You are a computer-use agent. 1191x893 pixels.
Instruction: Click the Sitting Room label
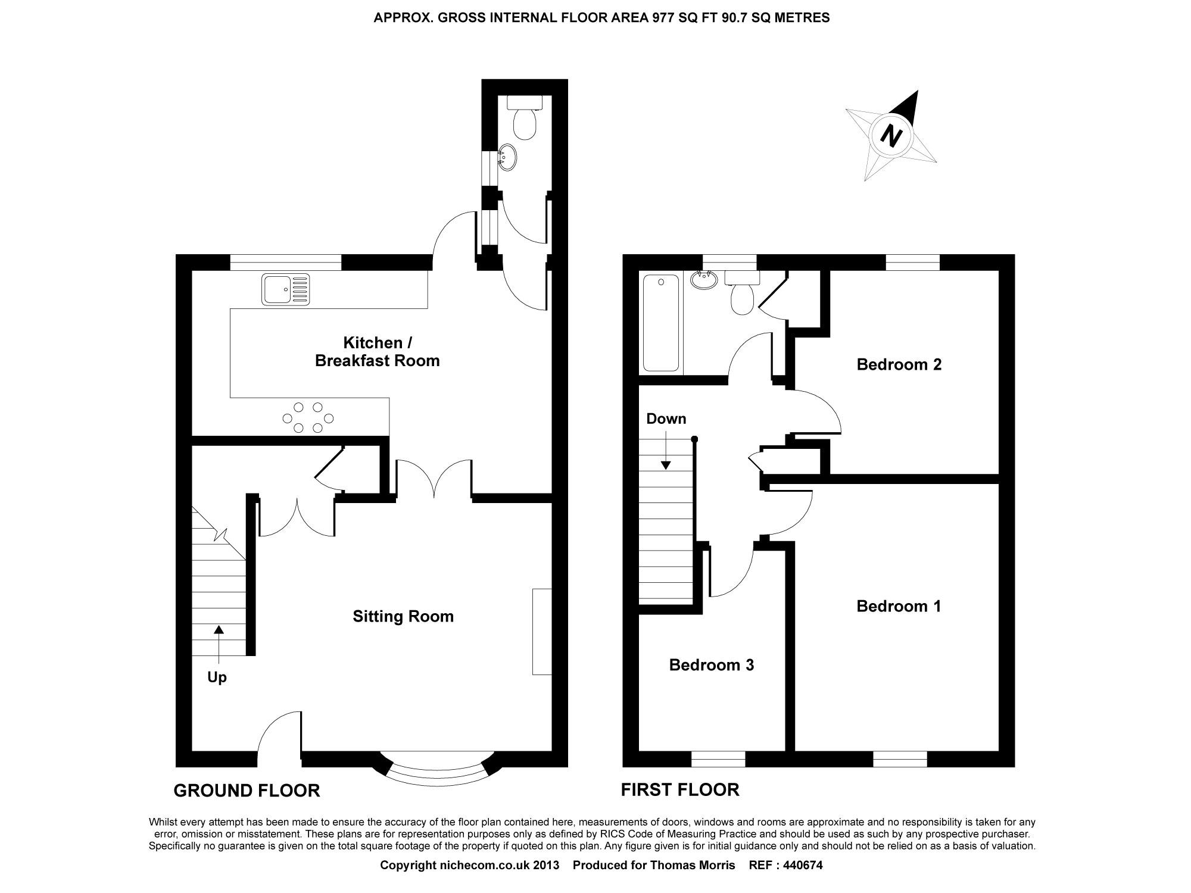(x=403, y=616)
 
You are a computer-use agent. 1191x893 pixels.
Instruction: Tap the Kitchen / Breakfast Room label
(x=377, y=352)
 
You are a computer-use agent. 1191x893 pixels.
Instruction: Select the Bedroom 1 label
(x=899, y=606)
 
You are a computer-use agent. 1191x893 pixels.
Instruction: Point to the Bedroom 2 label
(x=899, y=364)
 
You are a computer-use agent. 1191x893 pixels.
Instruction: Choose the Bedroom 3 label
(x=712, y=664)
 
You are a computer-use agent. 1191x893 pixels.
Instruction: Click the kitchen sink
(x=285, y=290)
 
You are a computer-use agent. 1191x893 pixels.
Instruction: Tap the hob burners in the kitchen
(x=308, y=417)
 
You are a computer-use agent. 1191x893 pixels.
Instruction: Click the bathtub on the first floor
(x=660, y=323)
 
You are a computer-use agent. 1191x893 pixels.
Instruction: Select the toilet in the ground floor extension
(x=525, y=119)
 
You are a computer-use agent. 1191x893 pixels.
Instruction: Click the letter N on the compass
(x=891, y=136)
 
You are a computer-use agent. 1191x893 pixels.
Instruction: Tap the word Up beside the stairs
(x=217, y=677)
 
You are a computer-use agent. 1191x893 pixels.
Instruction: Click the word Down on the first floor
(x=666, y=419)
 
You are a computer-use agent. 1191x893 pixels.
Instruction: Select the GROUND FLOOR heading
(x=247, y=791)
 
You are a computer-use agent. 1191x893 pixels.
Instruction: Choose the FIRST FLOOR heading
(x=680, y=789)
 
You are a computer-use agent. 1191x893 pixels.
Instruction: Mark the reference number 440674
(x=801, y=865)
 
